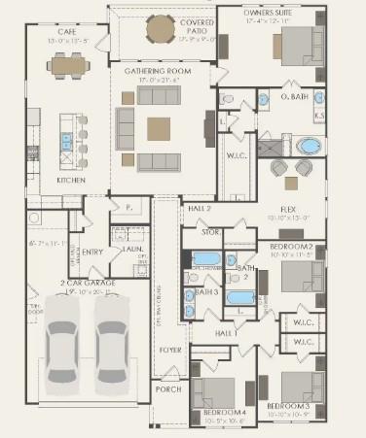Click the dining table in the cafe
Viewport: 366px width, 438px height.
(68, 65)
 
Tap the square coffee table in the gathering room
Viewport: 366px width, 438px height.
(159, 128)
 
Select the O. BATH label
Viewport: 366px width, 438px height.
(294, 97)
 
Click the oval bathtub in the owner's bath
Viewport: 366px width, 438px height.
(310, 148)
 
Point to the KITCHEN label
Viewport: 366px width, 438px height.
(71, 180)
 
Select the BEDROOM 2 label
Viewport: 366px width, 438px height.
(290, 247)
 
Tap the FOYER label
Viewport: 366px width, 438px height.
(170, 350)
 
